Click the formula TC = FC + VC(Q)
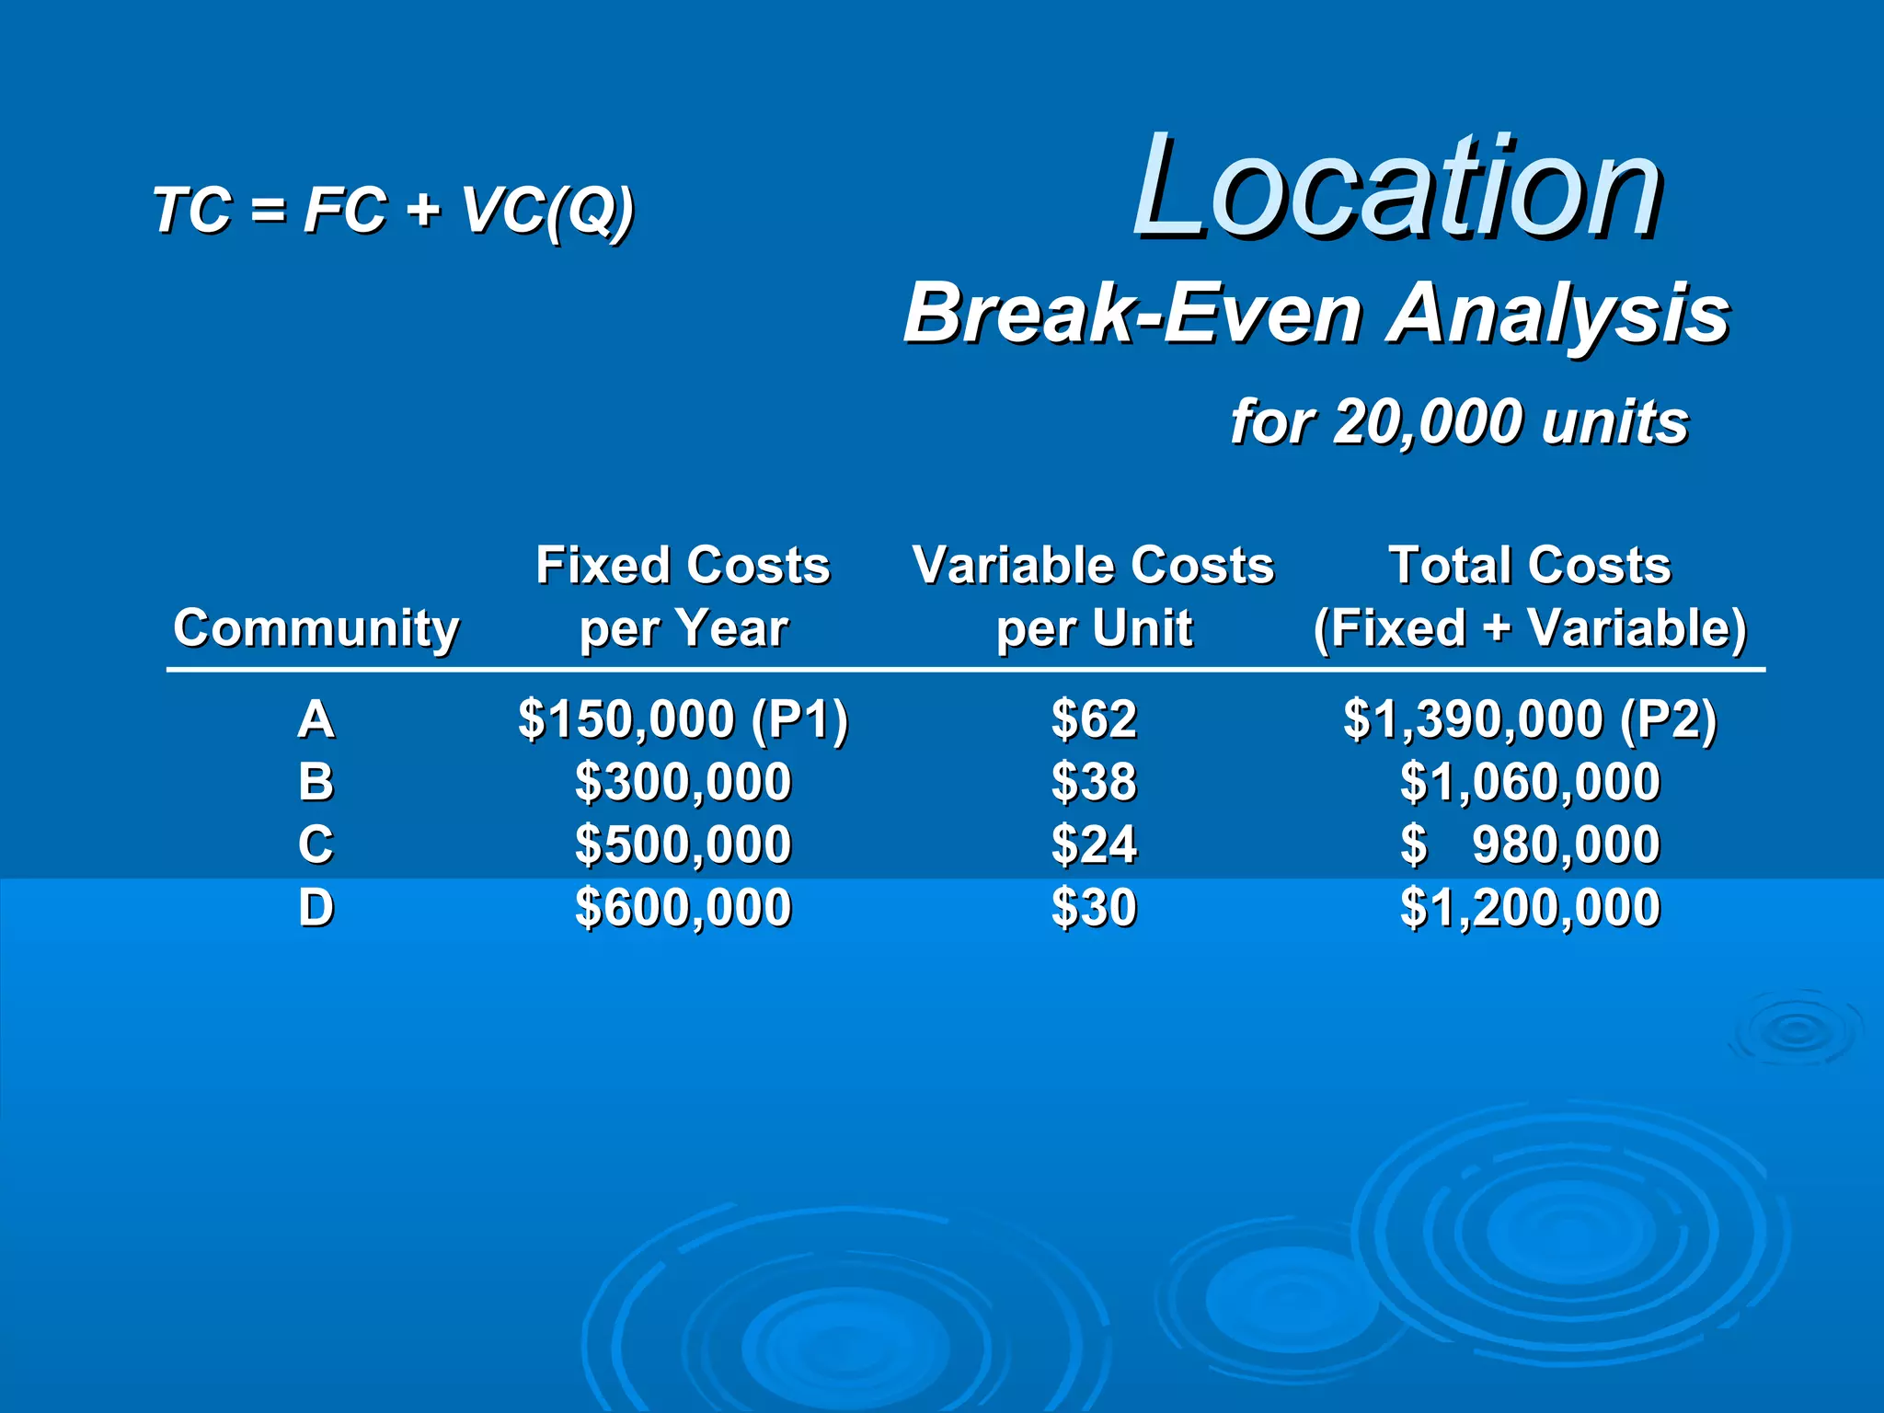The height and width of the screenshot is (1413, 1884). tap(393, 211)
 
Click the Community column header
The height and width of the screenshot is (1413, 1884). tap(316, 628)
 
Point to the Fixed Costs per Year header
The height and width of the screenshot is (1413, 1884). tap(683, 596)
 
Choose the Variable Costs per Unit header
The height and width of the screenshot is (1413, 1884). tap(1093, 596)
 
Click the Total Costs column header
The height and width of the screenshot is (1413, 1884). tap(1529, 596)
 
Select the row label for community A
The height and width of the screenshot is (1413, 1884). tap(316, 718)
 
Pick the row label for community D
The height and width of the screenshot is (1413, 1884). tap(316, 908)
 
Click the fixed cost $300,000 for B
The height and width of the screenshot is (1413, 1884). tap(683, 782)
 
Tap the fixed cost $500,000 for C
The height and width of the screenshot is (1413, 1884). tap(683, 844)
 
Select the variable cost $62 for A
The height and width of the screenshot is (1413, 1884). tap(1094, 718)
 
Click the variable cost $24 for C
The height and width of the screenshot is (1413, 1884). tap(1094, 844)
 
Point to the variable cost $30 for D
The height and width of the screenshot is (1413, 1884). tap(1094, 908)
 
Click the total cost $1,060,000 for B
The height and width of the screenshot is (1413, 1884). tap(1530, 782)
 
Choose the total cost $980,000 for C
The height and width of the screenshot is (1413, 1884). tap(1564, 844)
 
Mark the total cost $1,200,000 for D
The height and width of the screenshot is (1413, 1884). tap(1530, 908)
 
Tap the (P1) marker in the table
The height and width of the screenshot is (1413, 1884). tap(798, 719)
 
